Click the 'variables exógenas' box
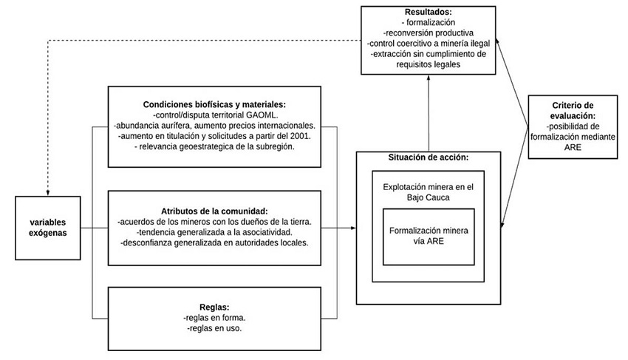pos(48,227)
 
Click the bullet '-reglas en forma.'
pos(215,317)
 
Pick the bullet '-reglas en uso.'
pos(215,328)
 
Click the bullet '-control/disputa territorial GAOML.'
pos(215,115)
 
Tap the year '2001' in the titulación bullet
pos(299,136)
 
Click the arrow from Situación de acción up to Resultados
pos(428,111)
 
